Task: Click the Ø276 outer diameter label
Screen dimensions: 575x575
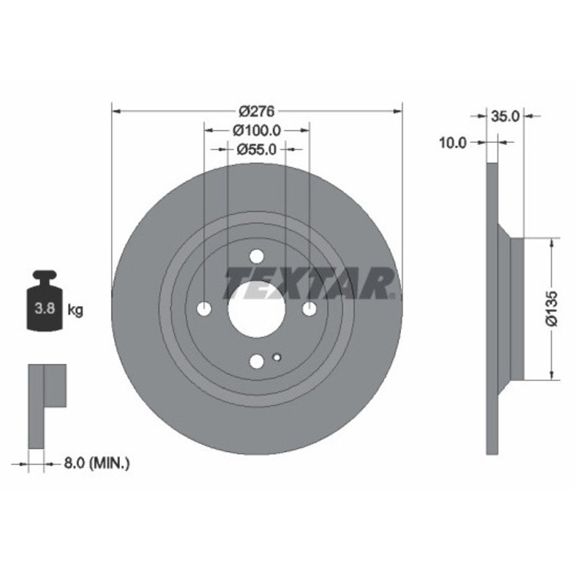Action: pyautogui.click(x=256, y=111)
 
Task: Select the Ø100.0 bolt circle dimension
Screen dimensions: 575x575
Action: pyautogui.click(x=256, y=130)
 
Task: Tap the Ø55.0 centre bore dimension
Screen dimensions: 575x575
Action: pyautogui.click(x=256, y=149)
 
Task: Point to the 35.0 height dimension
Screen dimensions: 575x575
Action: pyautogui.click(x=506, y=117)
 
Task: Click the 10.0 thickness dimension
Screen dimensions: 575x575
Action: pyautogui.click(x=453, y=142)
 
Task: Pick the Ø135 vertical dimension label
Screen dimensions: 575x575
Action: pyautogui.click(x=552, y=308)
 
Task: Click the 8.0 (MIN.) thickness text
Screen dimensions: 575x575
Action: pyautogui.click(x=97, y=463)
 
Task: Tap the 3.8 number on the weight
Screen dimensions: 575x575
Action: pyautogui.click(x=45, y=308)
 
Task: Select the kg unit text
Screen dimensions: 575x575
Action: pyautogui.click(x=76, y=311)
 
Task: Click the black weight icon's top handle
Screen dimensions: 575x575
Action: pyautogui.click(x=45, y=275)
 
